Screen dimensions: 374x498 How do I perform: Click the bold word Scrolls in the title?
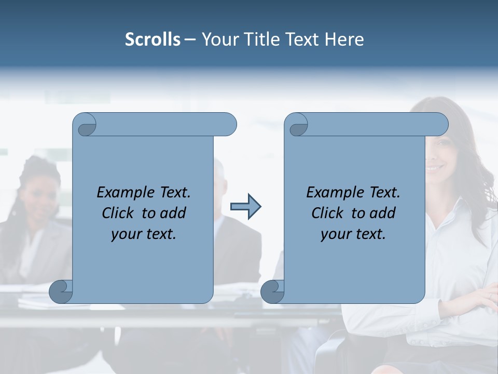click(153, 39)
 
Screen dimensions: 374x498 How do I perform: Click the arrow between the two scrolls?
click(245, 207)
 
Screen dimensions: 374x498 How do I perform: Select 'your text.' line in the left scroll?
click(144, 234)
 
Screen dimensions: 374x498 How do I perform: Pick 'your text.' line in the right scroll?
click(353, 234)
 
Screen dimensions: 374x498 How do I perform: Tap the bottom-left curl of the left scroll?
click(61, 291)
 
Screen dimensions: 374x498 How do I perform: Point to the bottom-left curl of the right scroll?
click(273, 291)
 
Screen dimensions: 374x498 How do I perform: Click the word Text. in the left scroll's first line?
click(173, 193)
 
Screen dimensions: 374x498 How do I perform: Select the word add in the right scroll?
click(383, 213)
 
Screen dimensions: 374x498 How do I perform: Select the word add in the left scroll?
click(174, 213)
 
